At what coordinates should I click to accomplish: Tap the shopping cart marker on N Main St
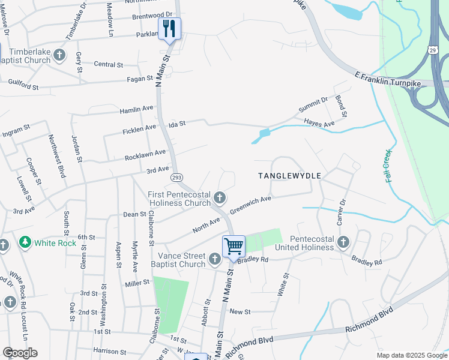pyautogui.click(x=234, y=246)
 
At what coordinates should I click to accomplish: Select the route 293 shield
pyautogui.click(x=177, y=178)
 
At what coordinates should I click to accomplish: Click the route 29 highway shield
pyautogui.click(x=433, y=49)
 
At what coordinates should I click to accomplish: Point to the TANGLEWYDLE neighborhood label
pyautogui.click(x=290, y=176)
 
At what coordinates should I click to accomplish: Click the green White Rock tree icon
pyautogui.click(x=25, y=242)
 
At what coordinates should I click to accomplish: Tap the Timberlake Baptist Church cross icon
pyautogui.click(x=59, y=55)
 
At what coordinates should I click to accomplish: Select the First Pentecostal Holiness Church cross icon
pyautogui.click(x=220, y=197)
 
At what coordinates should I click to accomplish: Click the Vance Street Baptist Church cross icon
pyautogui.click(x=215, y=259)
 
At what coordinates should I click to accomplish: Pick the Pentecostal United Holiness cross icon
pyautogui.click(x=343, y=242)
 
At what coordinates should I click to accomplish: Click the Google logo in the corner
pyautogui.click(x=20, y=353)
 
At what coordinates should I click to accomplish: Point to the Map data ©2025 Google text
pyautogui.click(x=411, y=355)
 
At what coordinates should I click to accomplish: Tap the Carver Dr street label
pyautogui.click(x=343, y=210)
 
